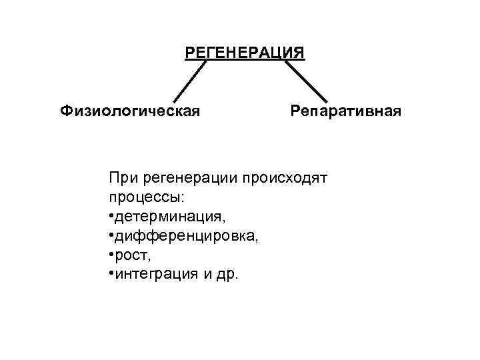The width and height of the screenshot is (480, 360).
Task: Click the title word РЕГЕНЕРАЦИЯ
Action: pyautogui.click(x=245, y=52)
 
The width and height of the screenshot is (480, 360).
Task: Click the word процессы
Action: pyautogui.click(x=143, y=199)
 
